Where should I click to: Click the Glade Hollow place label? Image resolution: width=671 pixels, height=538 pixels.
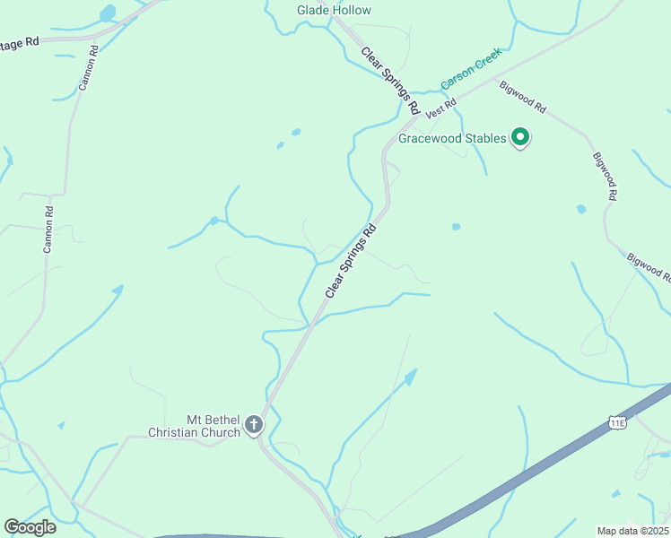pyautogui.click(x=334, y=10)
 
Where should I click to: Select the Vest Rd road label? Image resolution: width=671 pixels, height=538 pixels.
pyautogui.click(x=441, y=109)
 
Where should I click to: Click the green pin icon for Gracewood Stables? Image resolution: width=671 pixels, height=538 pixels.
pyautogui.click(x=520, y=137)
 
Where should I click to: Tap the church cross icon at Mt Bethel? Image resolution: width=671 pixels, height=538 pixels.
pyautogui.click(x=254, y=424)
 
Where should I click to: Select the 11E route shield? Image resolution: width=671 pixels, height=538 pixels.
pyautogui.click(x=616, y=421)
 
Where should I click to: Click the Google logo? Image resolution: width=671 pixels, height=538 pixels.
pyautogui.click(x=30, y=526)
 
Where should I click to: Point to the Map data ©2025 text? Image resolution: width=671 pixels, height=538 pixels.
pyautogui.click(x=632, y=530)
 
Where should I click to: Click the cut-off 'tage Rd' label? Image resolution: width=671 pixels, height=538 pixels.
pyautogui.click(x=21, y=42)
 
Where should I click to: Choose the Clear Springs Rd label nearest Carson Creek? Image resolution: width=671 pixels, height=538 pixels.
pyautogui.click(x=390, y=80)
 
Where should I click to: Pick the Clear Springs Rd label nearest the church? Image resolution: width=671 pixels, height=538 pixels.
pyautogui.click(x=349, y=261)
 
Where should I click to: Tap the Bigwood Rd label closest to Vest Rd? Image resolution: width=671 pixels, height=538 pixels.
pyautogui.click(x=523, y=95)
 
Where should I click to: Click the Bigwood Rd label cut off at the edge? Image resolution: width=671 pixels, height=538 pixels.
pyautogui.click(x=649, y=268)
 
